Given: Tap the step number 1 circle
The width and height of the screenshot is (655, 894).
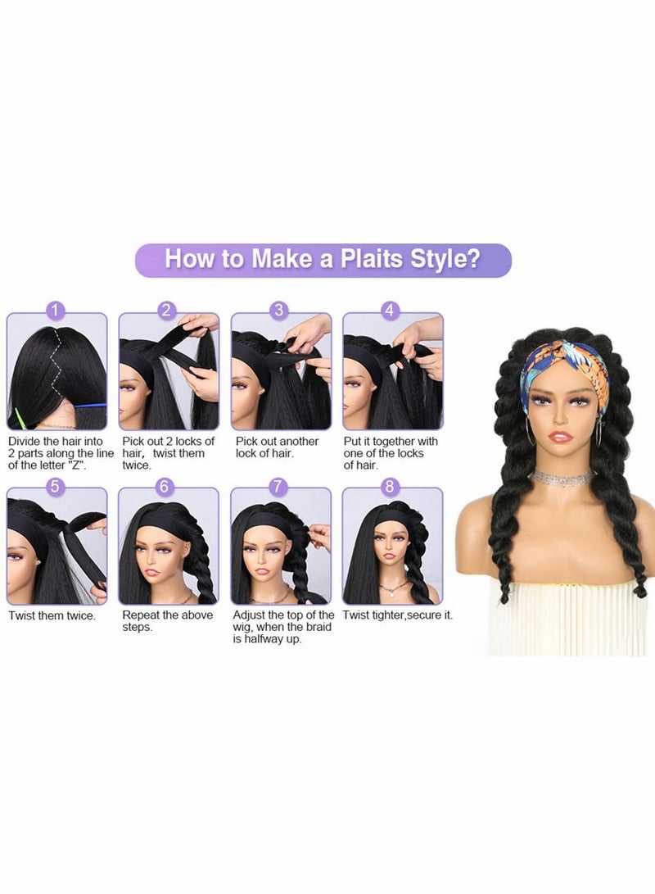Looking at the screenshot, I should tap(56, 311).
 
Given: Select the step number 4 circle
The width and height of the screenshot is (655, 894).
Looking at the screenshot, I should tap(391, 311).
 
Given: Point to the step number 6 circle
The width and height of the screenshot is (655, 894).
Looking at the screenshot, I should tap(167, 487).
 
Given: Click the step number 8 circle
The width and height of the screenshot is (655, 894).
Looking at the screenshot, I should tap(391, 487).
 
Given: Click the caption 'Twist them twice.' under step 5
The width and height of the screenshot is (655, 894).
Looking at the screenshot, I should tap(52, 615).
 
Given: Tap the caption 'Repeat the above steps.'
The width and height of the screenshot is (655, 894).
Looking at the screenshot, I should tap(167, 621).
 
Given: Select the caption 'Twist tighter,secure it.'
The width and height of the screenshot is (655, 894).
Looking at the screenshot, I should tap(397, 615).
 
